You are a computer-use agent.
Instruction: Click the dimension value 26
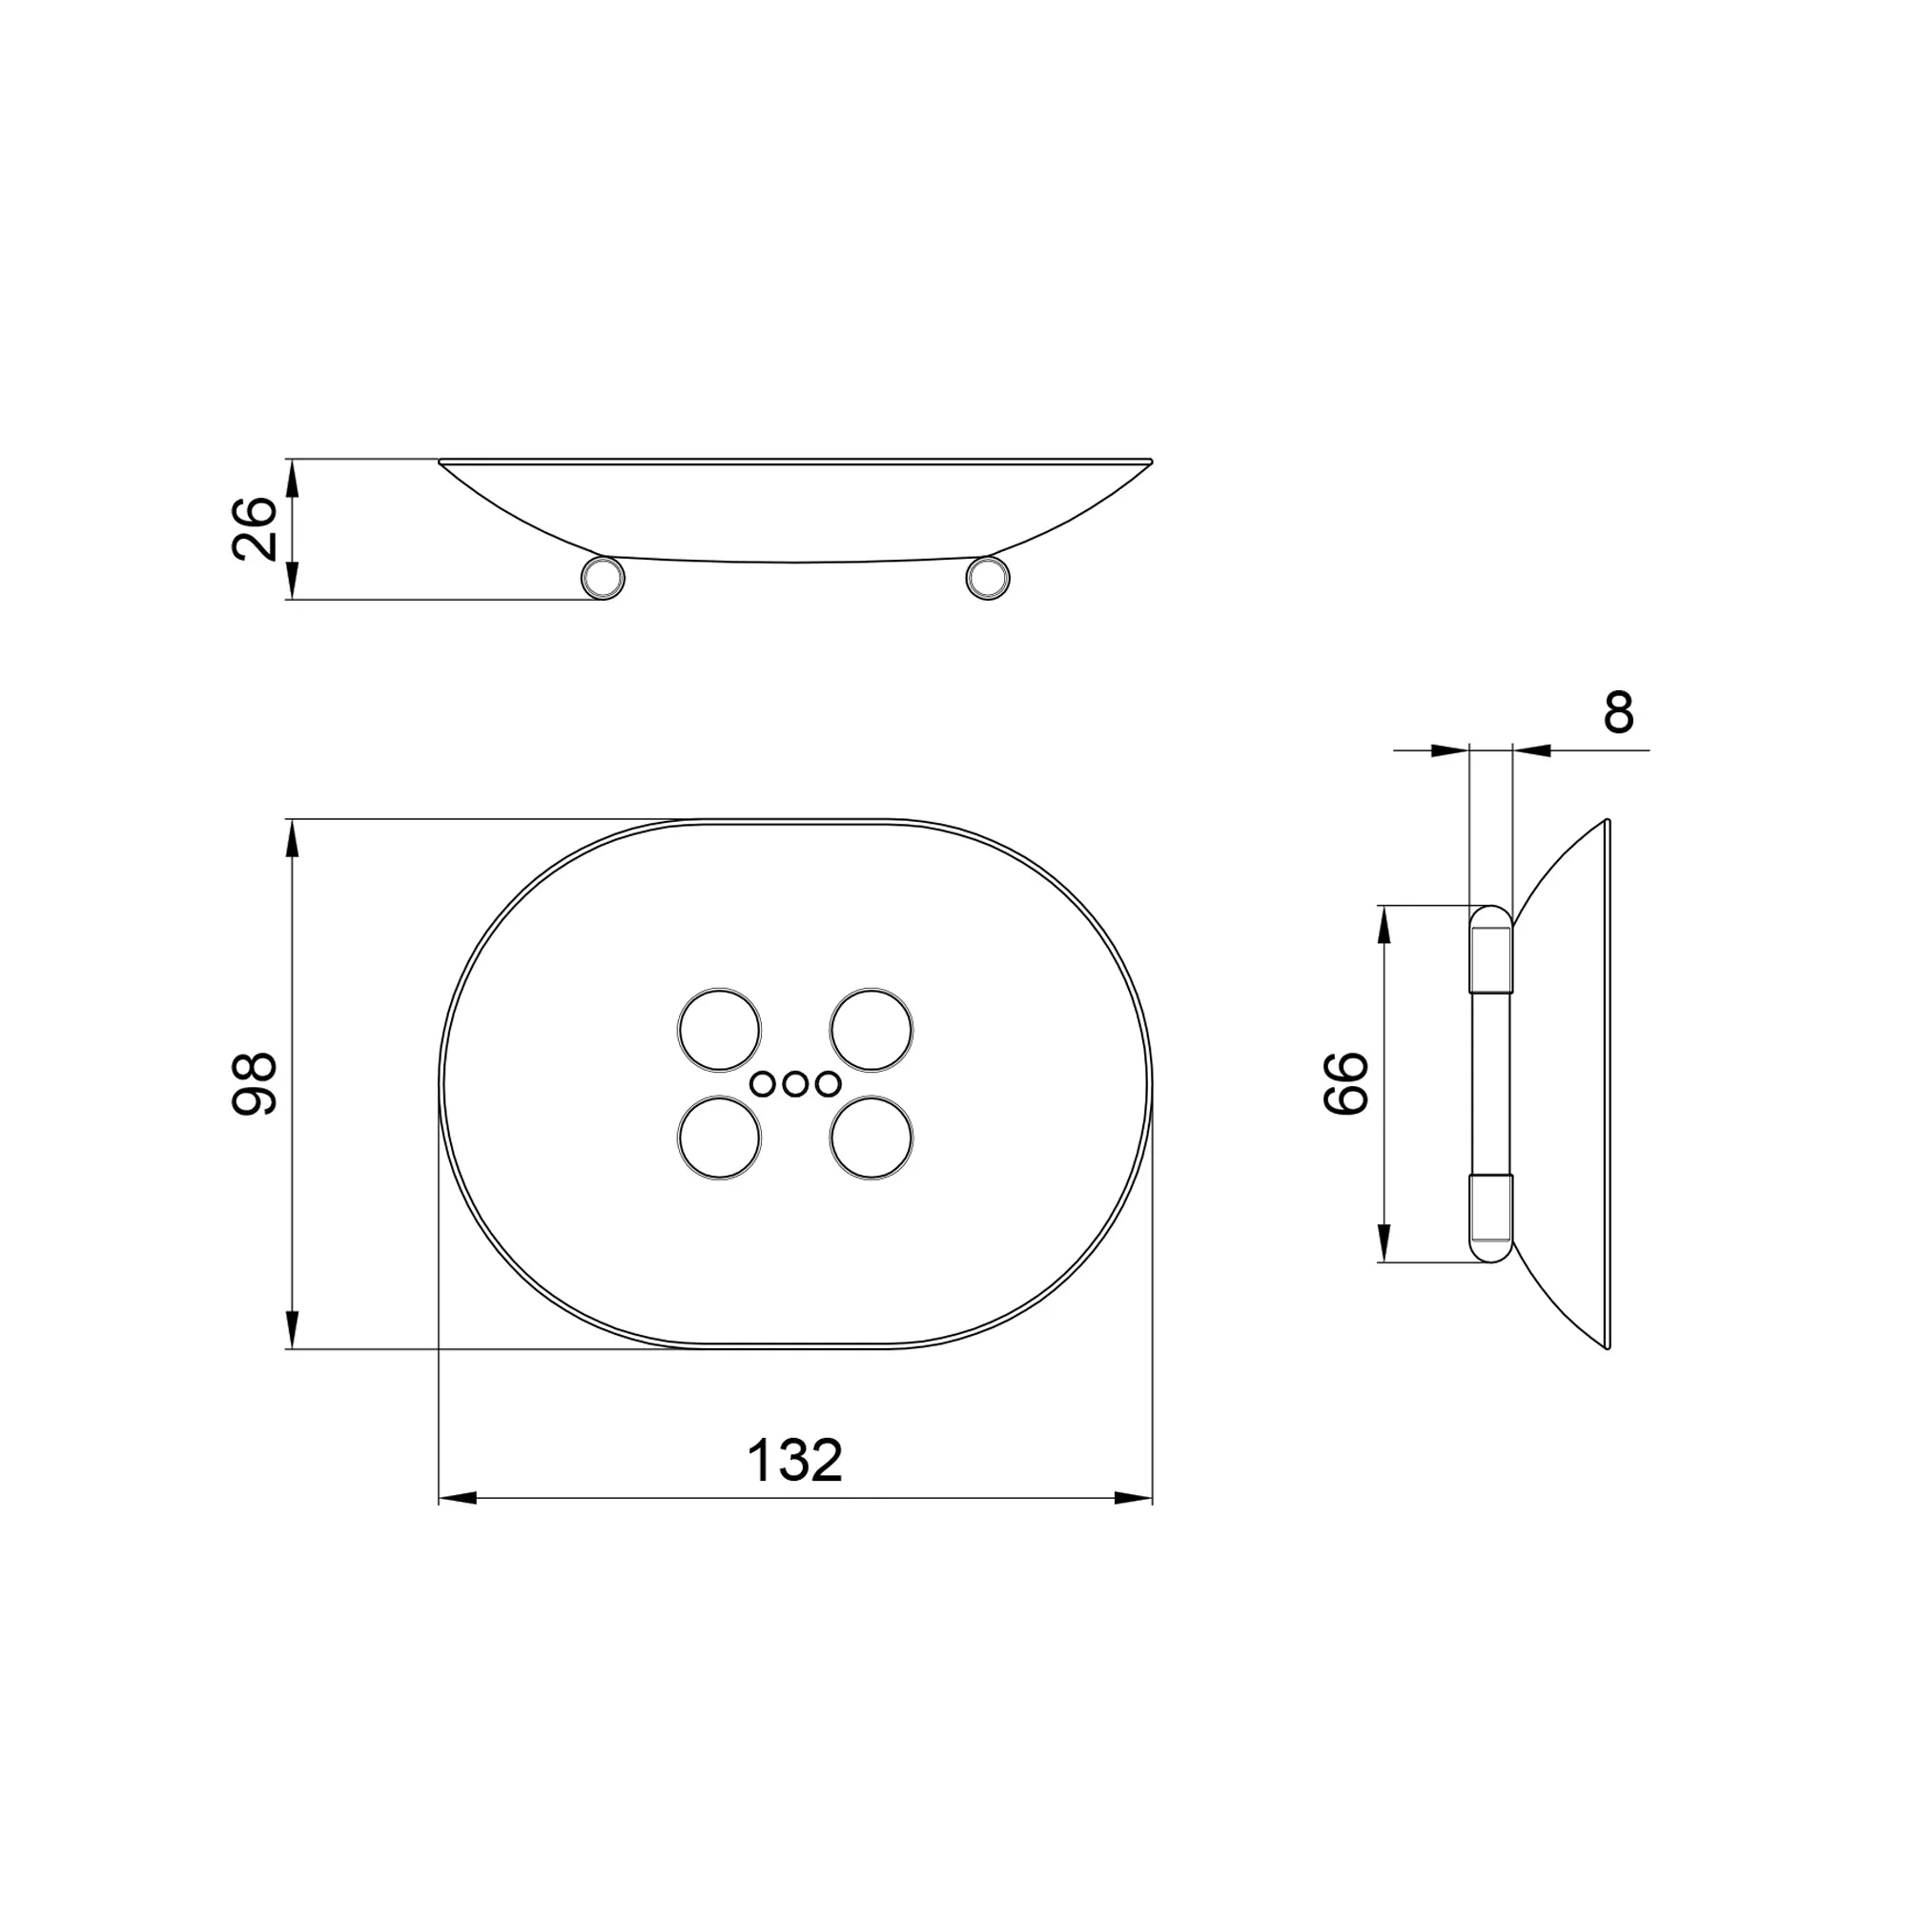254,529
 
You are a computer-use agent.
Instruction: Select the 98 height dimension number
254,1084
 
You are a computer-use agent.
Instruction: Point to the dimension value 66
1345,1083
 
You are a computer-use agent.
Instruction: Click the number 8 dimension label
1619,712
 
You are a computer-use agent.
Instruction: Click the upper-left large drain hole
720,1030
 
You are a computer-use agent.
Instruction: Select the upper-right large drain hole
871,1030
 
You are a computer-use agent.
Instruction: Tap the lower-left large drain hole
720,1138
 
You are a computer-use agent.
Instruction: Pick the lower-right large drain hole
871,1138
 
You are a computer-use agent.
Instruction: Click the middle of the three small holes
795,1084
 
